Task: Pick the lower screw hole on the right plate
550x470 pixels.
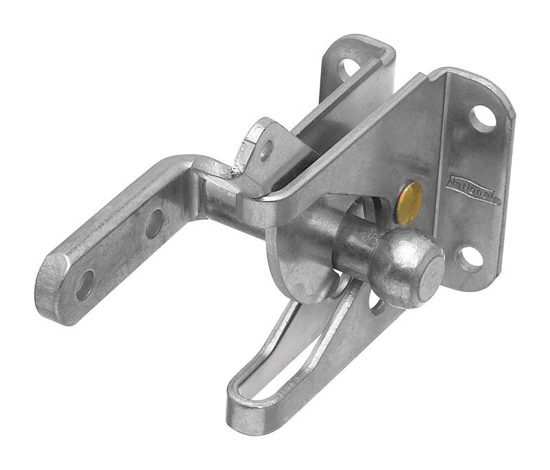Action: [x=470, y=259]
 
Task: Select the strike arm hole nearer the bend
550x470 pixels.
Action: [x=153, y=223]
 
